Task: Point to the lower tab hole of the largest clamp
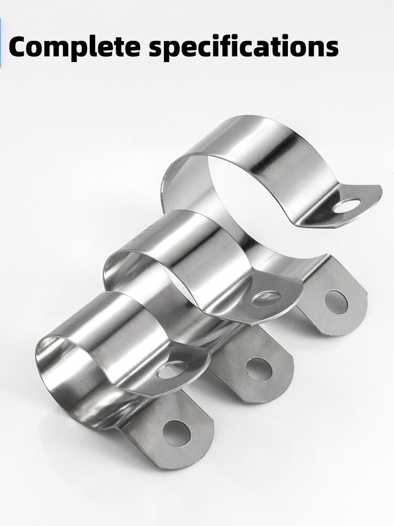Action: (336, 302)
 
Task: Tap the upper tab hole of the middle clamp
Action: (266, 298)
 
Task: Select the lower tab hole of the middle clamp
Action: (259, 369)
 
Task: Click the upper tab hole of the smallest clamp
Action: (172, 370)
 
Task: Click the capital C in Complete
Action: (20, 46)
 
